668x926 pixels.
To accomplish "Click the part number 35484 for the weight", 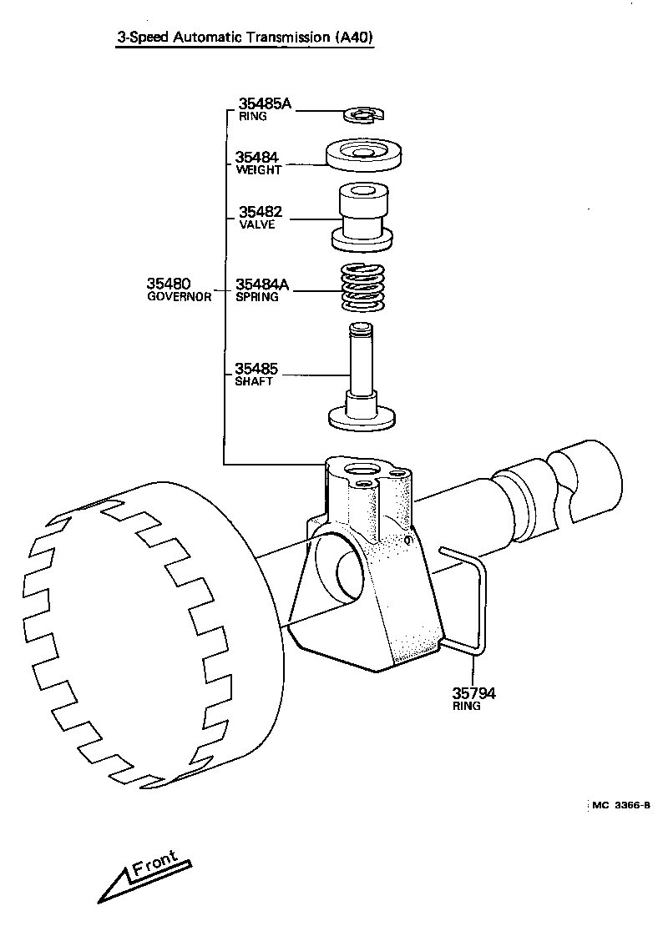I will pyautogui.click(x=256, y=157).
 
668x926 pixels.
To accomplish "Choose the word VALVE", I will pyautogui.click(x=256, y=224).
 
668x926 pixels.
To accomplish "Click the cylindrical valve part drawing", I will pyautogui.click(x=362, y=215).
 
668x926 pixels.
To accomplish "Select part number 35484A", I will pyautogui.click(x=261, y=284).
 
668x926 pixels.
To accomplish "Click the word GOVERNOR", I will pyautogui.click(x=179, y=296).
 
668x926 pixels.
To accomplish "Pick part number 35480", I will pyautogui.click(x=170, y=284).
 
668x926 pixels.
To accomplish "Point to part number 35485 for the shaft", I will pyautogui.click(x=256, y=368).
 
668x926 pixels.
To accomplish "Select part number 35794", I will pyautogui.click(x=473, y=692).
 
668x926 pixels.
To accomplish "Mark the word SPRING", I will pyautogui.click(x=256, y=297).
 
